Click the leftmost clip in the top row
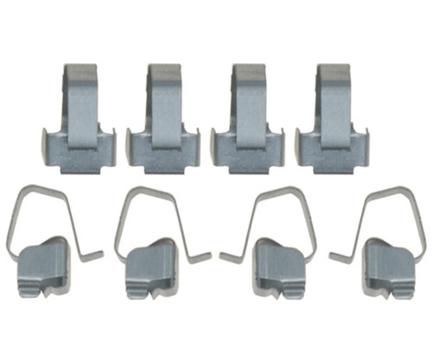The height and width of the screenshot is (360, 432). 77,121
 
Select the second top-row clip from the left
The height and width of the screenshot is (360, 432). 162,121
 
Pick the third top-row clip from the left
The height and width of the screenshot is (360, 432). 246,121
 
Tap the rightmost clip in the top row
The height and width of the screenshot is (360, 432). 331,121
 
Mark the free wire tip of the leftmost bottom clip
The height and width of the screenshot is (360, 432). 100,254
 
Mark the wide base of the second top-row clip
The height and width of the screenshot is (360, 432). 162,155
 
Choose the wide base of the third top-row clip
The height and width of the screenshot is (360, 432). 246,155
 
